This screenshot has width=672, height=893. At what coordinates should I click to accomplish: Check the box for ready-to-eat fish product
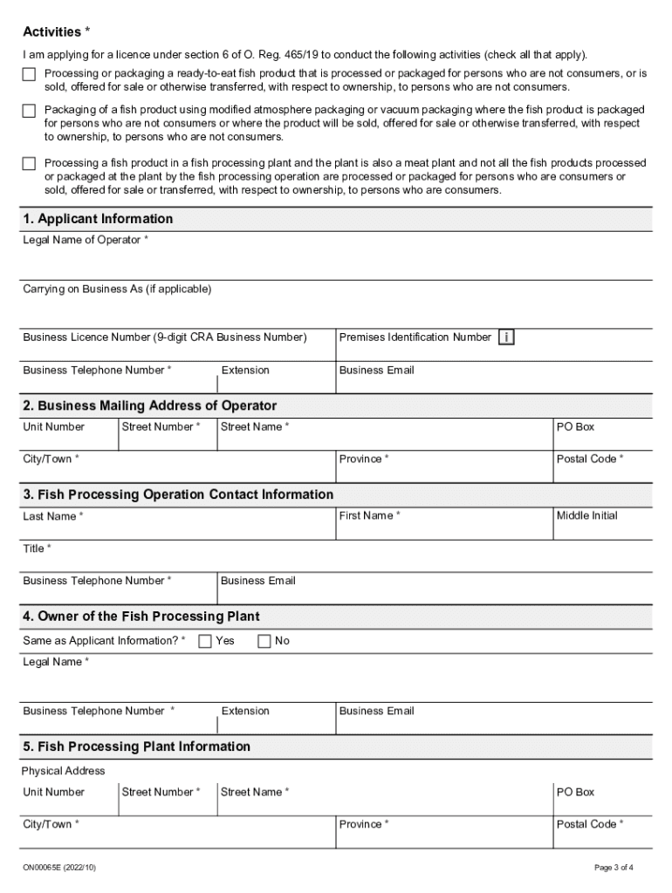pos(30,74)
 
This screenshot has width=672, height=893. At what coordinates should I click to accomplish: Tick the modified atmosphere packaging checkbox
pos(30,111)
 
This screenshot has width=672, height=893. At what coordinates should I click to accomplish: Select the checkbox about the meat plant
pos(30,163)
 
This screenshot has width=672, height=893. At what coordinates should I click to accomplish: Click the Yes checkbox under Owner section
pos(205,642)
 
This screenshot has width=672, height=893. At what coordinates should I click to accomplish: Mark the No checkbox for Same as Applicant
pos(264,642)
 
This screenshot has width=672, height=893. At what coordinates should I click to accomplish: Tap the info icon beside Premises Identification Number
pos(506,337)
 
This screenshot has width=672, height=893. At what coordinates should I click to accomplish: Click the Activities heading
pos(56,32)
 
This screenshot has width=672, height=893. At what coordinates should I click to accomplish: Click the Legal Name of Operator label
pos(85,240)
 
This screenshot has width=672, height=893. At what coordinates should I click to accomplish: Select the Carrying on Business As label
pos(117,289)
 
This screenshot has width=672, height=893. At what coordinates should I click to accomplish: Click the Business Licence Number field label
pos(165,337)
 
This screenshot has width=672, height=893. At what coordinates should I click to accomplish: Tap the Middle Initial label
pos(586,515)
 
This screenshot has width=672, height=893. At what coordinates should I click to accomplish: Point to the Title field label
pos(37,548)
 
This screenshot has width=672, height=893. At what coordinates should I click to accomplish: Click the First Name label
pos(369,515)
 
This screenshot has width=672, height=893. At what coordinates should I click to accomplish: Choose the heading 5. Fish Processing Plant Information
pos(136,746)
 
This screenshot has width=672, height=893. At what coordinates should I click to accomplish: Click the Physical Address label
pos(63,771)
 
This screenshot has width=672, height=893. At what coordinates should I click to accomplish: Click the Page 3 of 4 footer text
pos(614,867)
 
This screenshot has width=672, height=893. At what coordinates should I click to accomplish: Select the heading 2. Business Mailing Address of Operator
pos(149,406)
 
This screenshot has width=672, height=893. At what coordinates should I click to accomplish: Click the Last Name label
pos(52,516)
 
